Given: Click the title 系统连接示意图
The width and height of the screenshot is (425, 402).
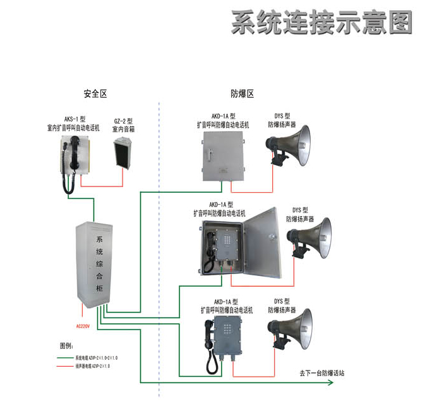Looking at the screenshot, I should pos(321,23).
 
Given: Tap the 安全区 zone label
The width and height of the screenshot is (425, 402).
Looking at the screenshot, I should pos(95,94).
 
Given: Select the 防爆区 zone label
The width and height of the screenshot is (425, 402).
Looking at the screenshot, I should pos(242,94).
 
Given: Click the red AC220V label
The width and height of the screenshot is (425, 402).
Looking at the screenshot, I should pos(83,326).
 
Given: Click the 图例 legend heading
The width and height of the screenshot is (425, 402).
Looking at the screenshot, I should pos(66,346).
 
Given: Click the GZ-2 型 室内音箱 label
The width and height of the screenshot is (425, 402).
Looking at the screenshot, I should pos(123,124).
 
